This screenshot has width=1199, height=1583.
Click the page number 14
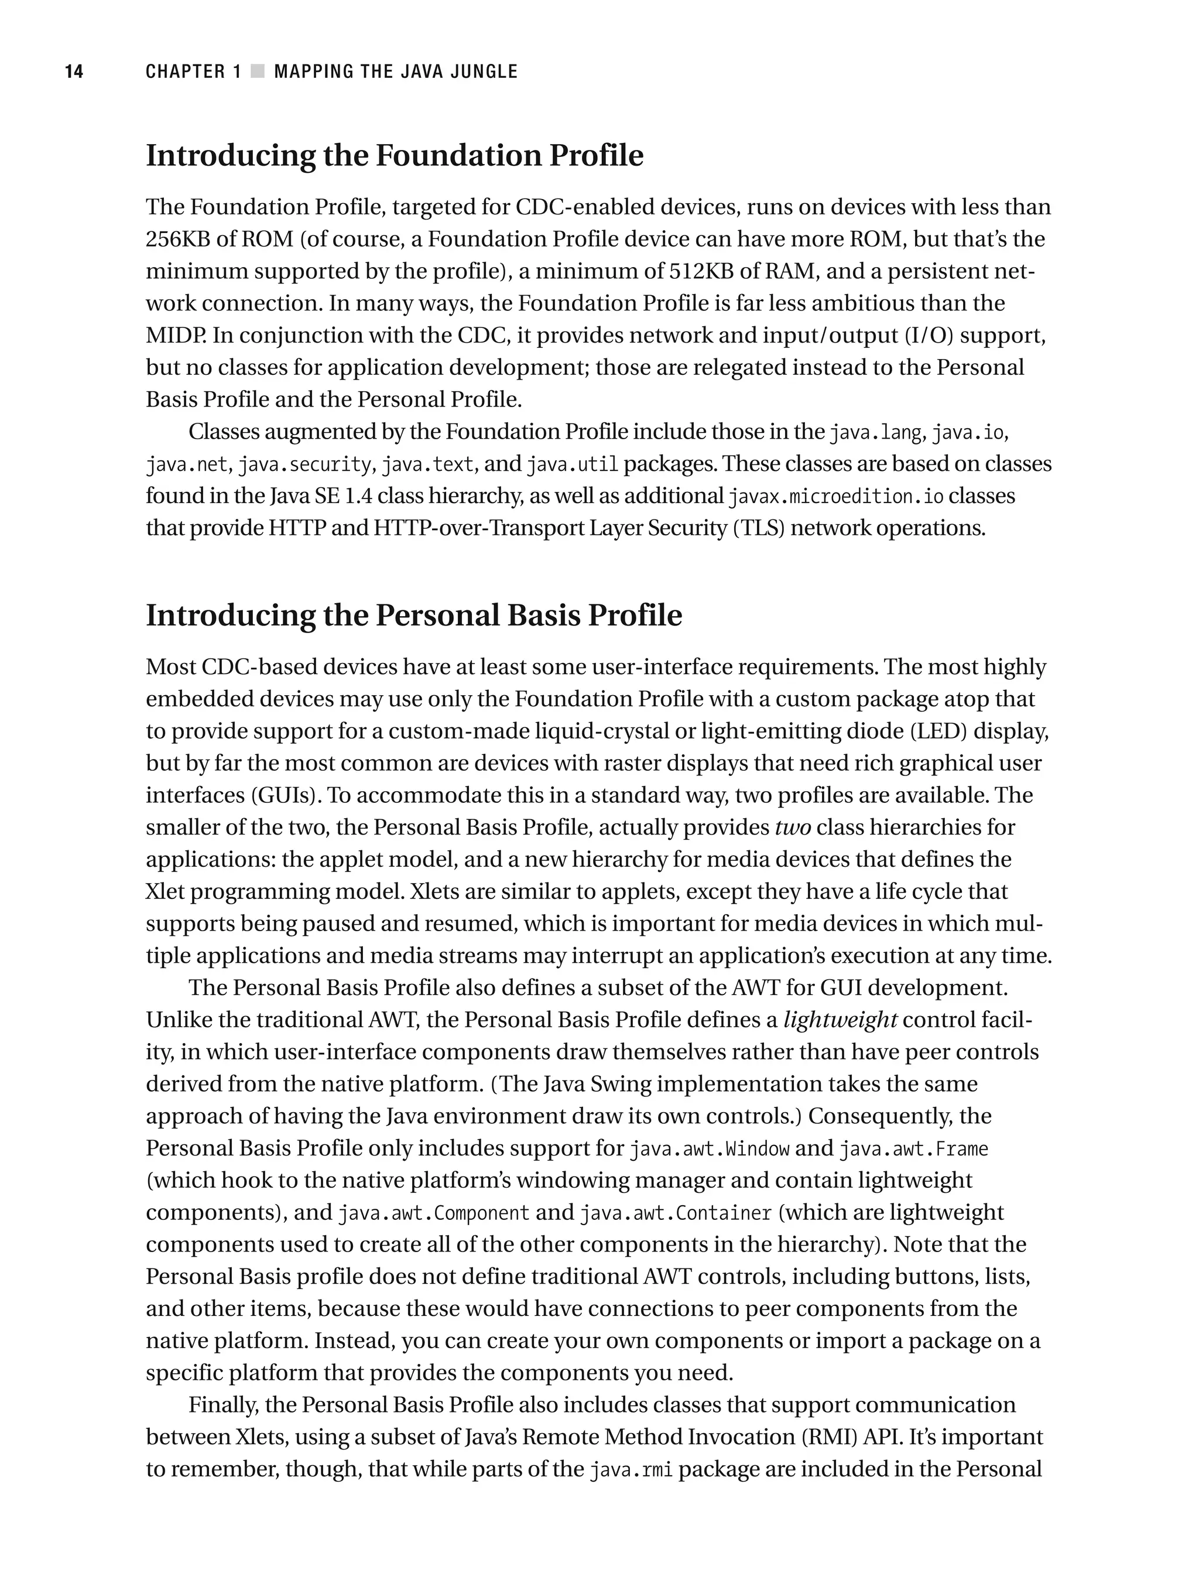click(74, 71)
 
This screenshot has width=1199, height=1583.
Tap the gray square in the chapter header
click(258, 71)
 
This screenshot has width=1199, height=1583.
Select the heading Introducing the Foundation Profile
click(394, 156)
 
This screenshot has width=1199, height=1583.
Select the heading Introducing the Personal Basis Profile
click(413, 616)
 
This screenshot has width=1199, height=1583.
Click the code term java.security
click(304, 465)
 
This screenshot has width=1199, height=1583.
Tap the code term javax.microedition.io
click(835, 497)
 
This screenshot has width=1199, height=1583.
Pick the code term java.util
click(571, 465)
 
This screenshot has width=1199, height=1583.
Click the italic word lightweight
click(840, 1020)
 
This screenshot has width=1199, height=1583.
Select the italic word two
click(793, 828)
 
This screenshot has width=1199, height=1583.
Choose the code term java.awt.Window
click(709, 1149)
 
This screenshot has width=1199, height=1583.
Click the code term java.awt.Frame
click(913, 1149)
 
